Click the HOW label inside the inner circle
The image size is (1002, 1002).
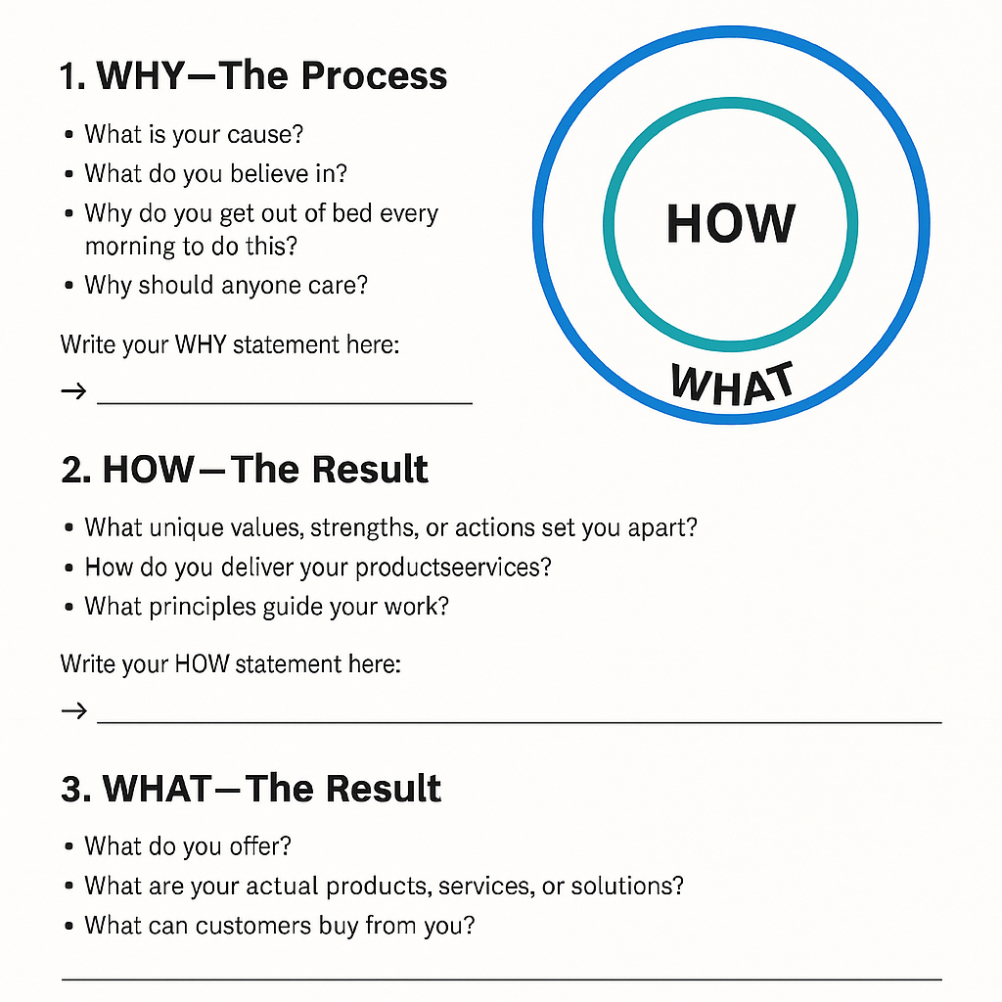[x=731, y=223]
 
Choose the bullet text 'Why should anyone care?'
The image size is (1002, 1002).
[x=225, y=286]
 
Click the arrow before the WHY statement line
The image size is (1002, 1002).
[x=73, y=392]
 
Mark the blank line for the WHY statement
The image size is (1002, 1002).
[x=284, y=402]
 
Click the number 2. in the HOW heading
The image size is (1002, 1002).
[x=76, y=470]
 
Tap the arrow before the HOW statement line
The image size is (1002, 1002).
[x=73, y=710]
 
